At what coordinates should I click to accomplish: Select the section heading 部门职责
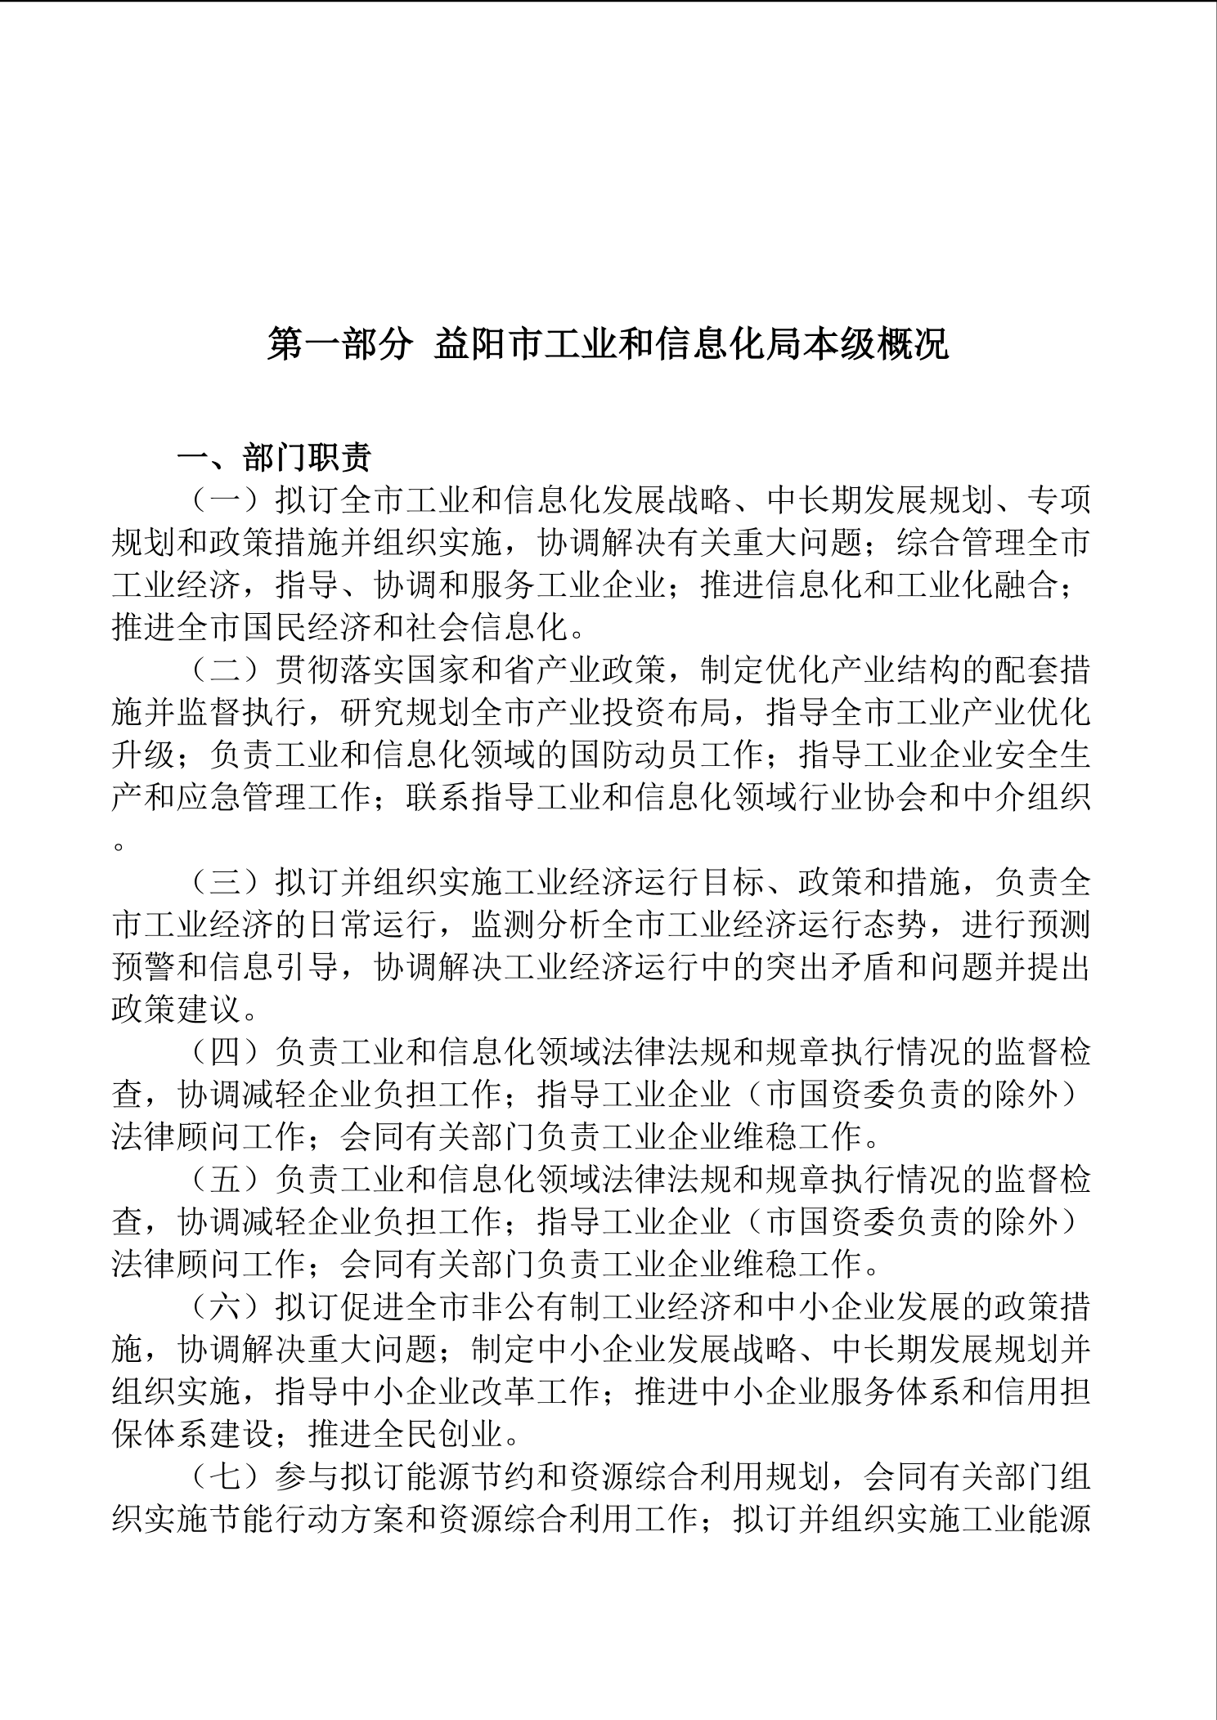308,459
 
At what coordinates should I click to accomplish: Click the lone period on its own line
119,844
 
